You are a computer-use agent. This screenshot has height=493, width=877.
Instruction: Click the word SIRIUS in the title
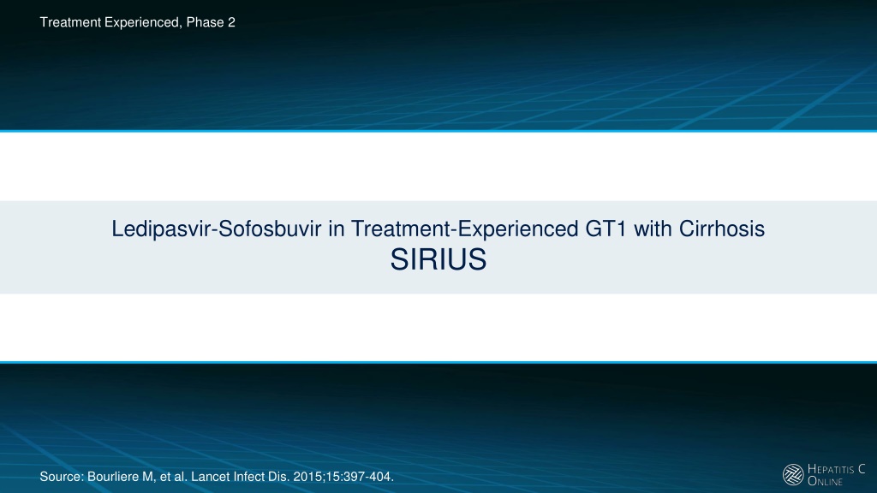(x=438, y=260)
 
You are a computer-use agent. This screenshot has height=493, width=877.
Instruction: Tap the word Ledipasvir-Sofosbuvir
(x=217, y=229)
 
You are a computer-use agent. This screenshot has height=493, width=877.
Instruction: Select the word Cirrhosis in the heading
(x=721, y=229)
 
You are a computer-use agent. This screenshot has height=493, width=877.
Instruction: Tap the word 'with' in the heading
(x=652, y=229)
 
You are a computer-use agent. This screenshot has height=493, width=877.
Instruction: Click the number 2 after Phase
(x=231, y=22)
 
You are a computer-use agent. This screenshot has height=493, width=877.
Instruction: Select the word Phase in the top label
(x=205, y=22)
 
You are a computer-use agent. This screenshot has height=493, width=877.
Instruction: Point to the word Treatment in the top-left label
(x=70, y=22)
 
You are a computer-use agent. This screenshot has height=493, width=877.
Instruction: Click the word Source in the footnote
(x=62, y=477)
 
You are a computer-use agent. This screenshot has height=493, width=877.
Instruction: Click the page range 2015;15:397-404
(x=343, y=477)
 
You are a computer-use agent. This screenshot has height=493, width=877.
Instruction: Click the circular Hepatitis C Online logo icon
(x=793, y=474)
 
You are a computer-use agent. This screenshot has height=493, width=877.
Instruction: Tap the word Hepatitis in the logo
(x=831, y=469)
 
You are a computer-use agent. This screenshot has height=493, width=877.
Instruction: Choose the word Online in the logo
(x=825, y=481)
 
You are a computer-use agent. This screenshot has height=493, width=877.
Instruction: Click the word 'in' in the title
(x=336, y=229)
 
